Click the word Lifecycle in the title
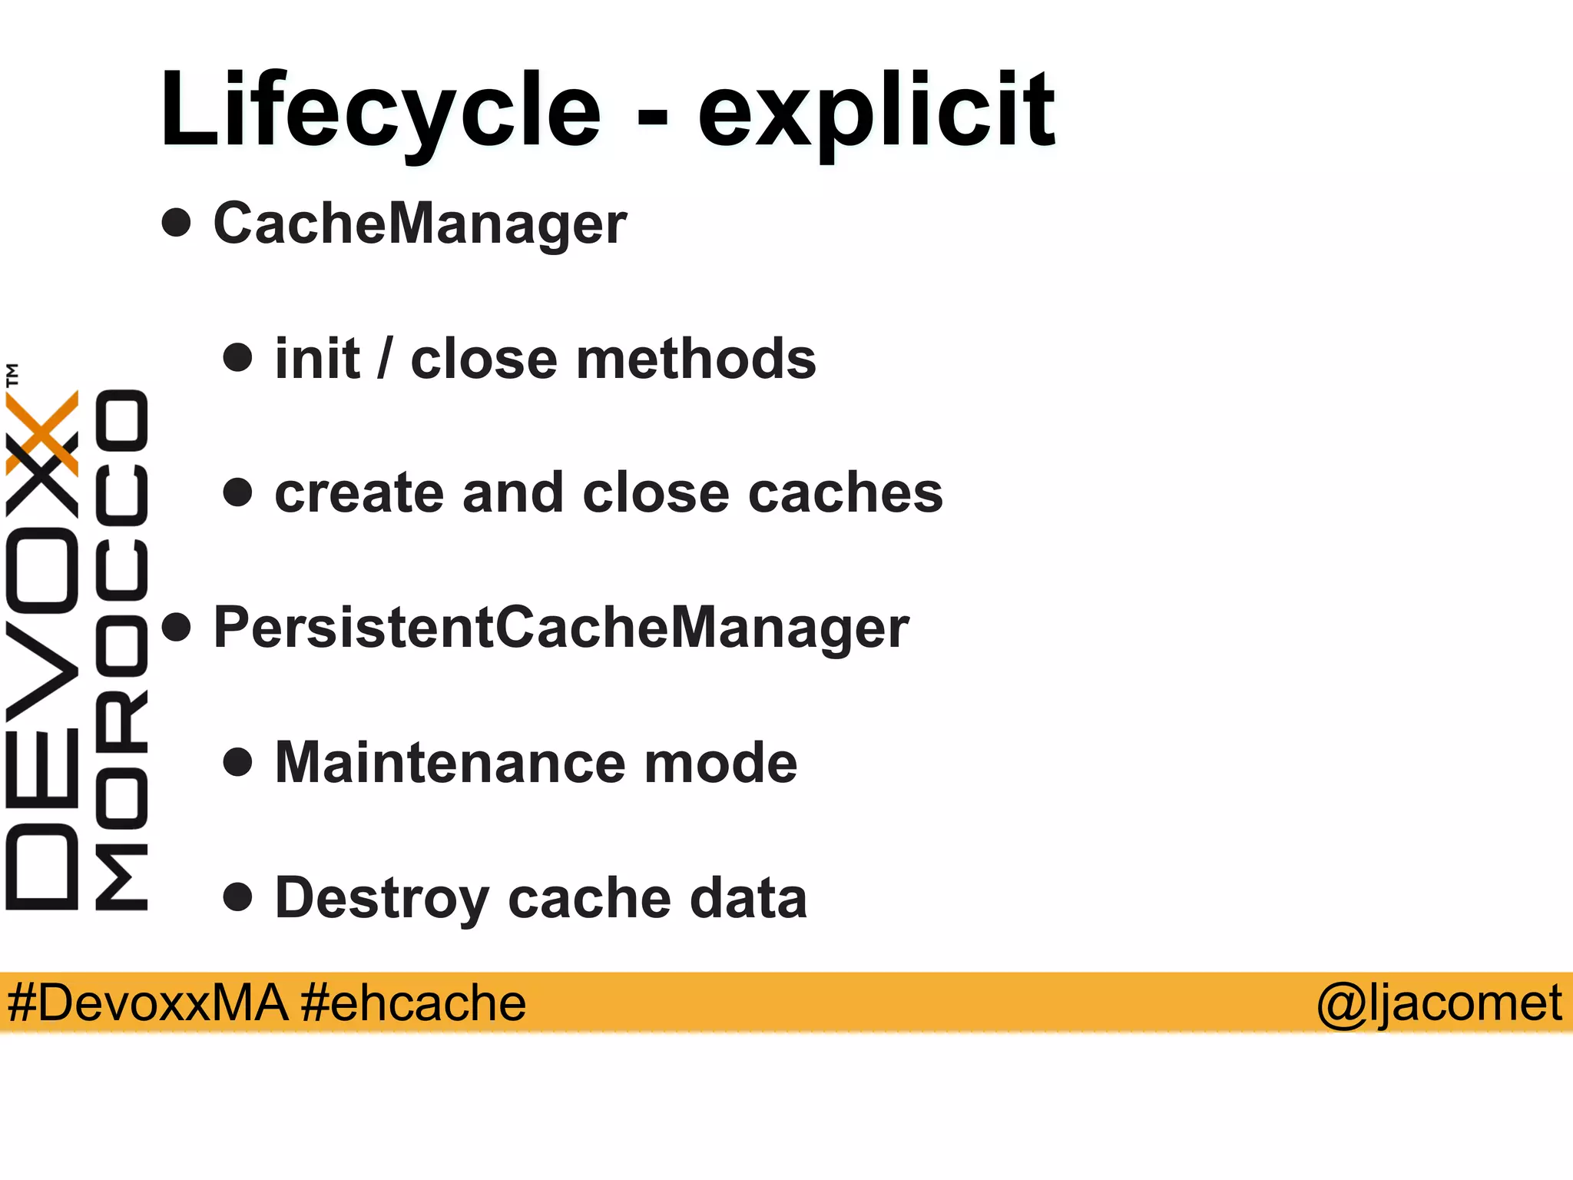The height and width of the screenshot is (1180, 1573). click(x=380, y=111)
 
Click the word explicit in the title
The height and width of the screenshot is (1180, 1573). click(x=876, y=111)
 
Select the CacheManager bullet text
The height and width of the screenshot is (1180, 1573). click(x=420, y=224)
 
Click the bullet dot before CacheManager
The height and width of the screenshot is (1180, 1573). click(x=177, y=223)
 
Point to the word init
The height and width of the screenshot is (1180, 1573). click(x=317, y=359)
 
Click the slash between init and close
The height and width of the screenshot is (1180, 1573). click(x=385, y=359)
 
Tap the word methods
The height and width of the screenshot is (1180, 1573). click(x=696, y=359)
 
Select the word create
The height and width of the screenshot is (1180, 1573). click(x=359, y=493)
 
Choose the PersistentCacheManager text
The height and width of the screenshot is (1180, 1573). click(x=561, y=628)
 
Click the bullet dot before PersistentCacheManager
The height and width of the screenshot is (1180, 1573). click(x=177, y=627)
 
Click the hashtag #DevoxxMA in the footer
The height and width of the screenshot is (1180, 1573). click(x=147, y=1003)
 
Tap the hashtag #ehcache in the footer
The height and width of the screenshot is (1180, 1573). click(x=413, y=1003)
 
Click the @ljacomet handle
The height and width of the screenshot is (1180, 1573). click(x=1439, y=1003)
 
